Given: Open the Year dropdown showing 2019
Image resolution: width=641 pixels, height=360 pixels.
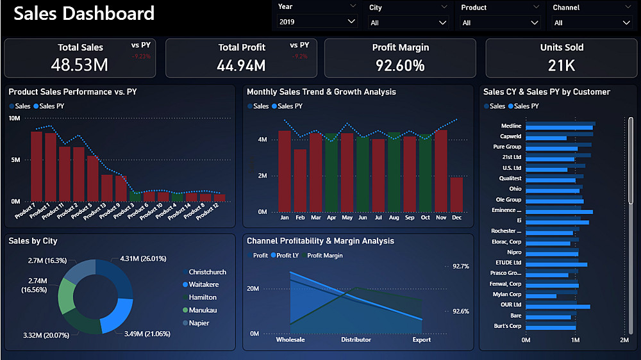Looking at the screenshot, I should (x=317, y=21).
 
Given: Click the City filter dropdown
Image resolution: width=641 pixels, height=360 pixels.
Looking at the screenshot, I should (x=408, y=22).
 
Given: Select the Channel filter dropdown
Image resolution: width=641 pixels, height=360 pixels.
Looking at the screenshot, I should (x=592, y=22).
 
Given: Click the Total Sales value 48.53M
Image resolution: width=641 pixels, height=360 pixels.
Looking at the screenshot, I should (x=79, y=65).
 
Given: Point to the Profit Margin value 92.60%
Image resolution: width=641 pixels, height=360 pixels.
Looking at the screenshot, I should (x=400, y=65).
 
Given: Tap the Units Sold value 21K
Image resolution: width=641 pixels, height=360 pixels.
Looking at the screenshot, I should (x=562, y=65).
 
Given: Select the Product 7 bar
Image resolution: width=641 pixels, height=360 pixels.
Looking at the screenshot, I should (x=37, y=166).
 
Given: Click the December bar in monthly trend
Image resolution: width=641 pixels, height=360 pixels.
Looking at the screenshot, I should (x=456, y=194).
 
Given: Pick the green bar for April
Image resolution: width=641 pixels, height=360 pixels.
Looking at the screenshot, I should (x=331, y=172).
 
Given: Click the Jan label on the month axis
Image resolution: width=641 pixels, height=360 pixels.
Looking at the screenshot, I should (x=284, y=218).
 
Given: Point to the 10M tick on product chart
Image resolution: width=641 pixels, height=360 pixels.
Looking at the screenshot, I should (x=15, y=119).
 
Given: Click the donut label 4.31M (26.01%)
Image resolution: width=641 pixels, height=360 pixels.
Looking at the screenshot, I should (x=142, y=259).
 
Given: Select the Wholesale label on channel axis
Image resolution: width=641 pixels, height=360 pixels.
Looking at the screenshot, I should (x=290, y=340).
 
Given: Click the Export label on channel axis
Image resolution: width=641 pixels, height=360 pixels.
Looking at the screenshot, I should (x=421, y=340).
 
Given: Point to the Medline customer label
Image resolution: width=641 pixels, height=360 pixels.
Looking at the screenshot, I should (x=511, y=126).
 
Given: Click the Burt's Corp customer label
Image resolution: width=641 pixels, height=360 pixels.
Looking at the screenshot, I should (x=508, y=326).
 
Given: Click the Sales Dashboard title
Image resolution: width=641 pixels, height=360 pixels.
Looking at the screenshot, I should (x=84, y=13).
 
